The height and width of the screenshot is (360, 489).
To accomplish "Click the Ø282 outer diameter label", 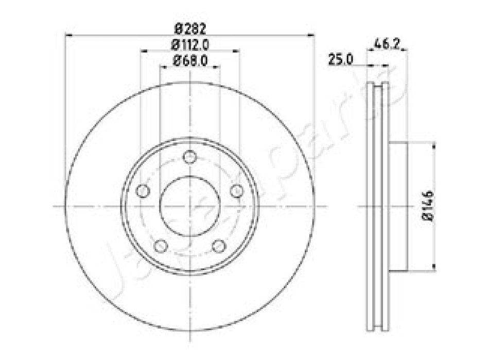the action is point(190,29).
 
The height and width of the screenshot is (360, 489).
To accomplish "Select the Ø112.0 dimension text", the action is point(190,45).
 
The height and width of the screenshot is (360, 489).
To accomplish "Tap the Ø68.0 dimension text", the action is point(190,61).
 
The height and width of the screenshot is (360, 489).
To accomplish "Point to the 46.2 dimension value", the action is point(387,43).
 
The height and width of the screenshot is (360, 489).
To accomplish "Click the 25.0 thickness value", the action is point(341,59).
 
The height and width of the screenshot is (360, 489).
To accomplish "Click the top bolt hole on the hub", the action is point(189,157).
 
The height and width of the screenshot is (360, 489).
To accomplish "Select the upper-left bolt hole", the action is point(143,191).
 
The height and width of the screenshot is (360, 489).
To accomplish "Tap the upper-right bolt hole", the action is point(237,191).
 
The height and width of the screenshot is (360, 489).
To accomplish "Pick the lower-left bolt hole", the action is point(161,246).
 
